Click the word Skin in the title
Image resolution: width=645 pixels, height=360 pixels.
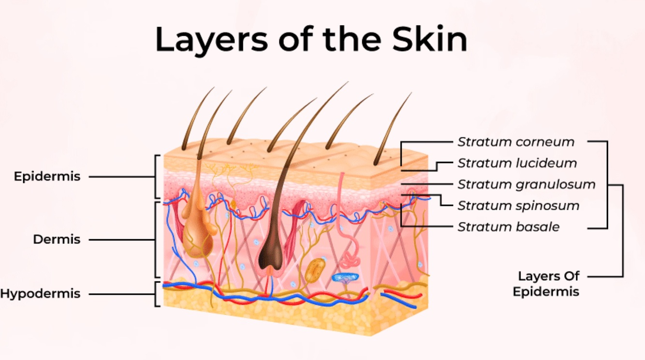pos(429,40)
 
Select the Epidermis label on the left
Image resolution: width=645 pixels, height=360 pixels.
pos(47,176)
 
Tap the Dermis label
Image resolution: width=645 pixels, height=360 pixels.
pos(57,239)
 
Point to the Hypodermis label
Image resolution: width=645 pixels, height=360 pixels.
pos(40,294)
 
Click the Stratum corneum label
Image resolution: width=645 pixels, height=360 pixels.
pos(516,142)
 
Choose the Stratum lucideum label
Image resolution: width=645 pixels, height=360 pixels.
pos(517,163)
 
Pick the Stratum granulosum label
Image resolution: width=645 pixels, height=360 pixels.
pos(526,185)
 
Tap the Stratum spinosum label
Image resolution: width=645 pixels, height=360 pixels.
pos(518,206)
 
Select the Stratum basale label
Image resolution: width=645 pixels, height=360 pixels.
pos(508,227)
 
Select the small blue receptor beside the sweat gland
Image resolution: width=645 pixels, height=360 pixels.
pos(345,277)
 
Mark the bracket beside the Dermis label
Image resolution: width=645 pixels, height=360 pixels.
pos(156,239)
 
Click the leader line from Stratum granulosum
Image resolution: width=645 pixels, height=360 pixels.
pos(425,185)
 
